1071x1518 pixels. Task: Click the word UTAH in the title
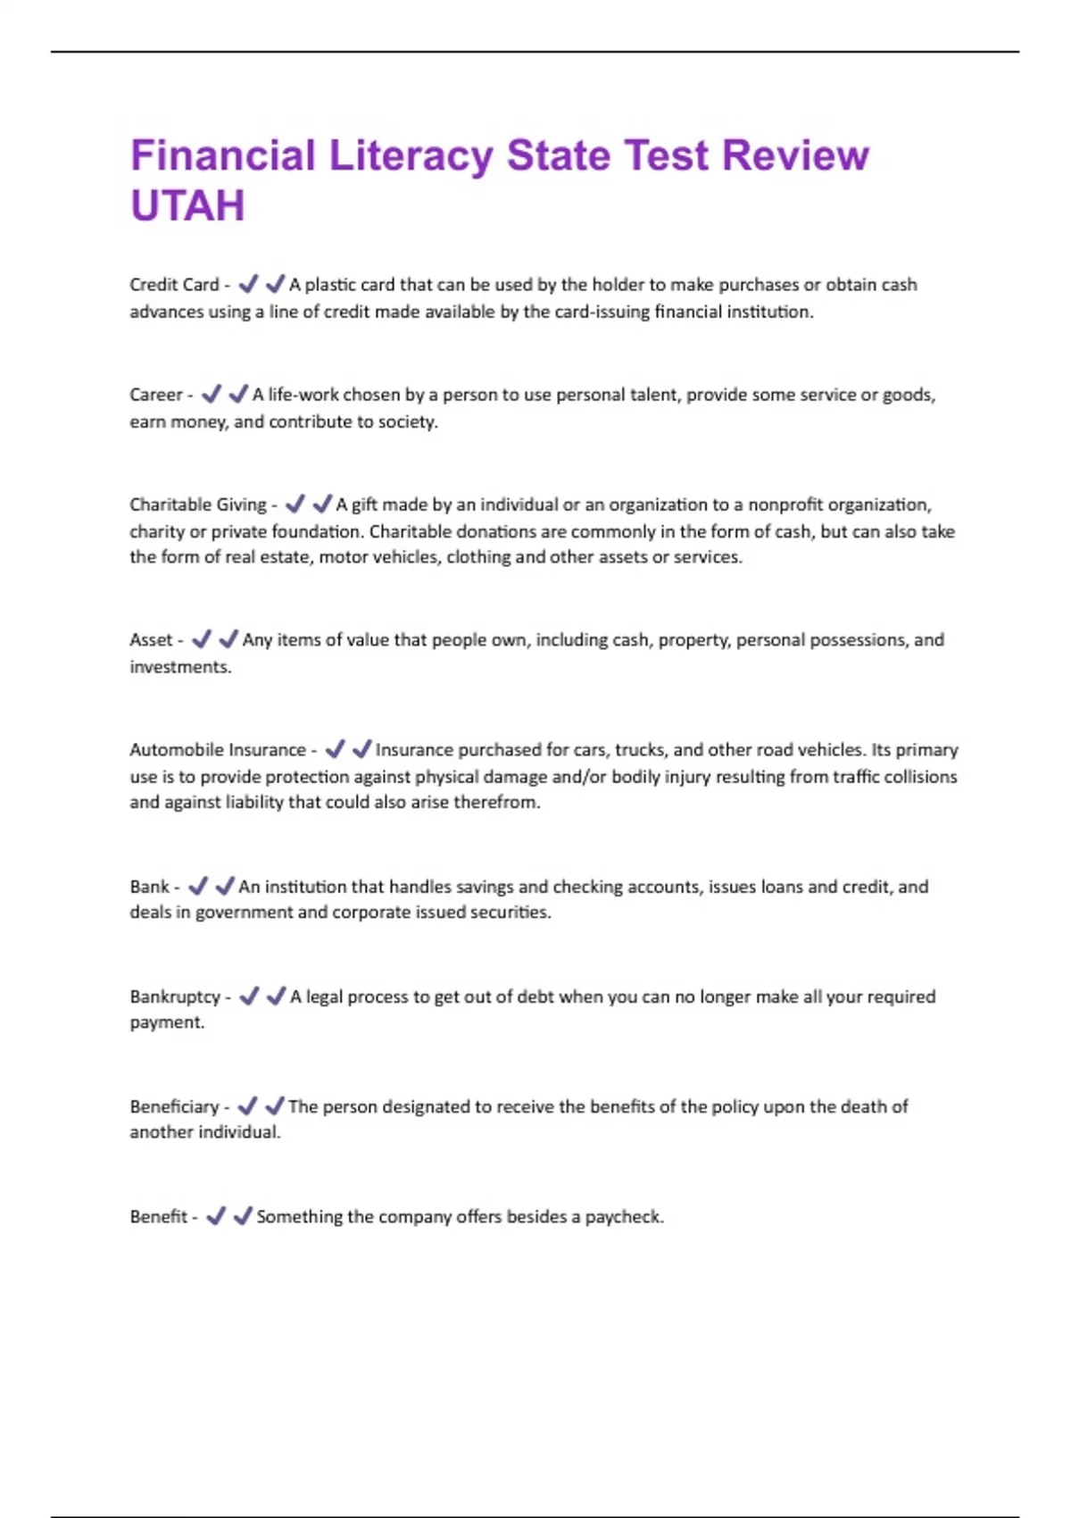coord(187,205)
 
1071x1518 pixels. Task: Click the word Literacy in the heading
coord(411,155)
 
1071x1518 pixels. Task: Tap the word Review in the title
coord(795,155)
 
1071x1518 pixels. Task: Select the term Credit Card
coord(174,285)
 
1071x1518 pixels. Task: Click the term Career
coord(156,395)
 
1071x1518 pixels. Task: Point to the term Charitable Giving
coord(198,505)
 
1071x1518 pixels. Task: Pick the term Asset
coord(151,640)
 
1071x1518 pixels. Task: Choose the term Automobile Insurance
coord(218,750)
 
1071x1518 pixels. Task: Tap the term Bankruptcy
coord(175,997)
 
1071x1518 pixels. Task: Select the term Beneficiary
coord(174,1106)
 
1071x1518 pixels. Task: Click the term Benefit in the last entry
coord(159,1216)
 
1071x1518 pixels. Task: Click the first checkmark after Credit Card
coord(249,284)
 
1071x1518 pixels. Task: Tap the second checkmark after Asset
coord(228,639)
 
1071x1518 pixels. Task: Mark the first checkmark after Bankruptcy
coord(250,996)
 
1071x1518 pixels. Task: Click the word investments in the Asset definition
coord(179,667)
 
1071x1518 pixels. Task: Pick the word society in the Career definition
coord(407,421)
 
